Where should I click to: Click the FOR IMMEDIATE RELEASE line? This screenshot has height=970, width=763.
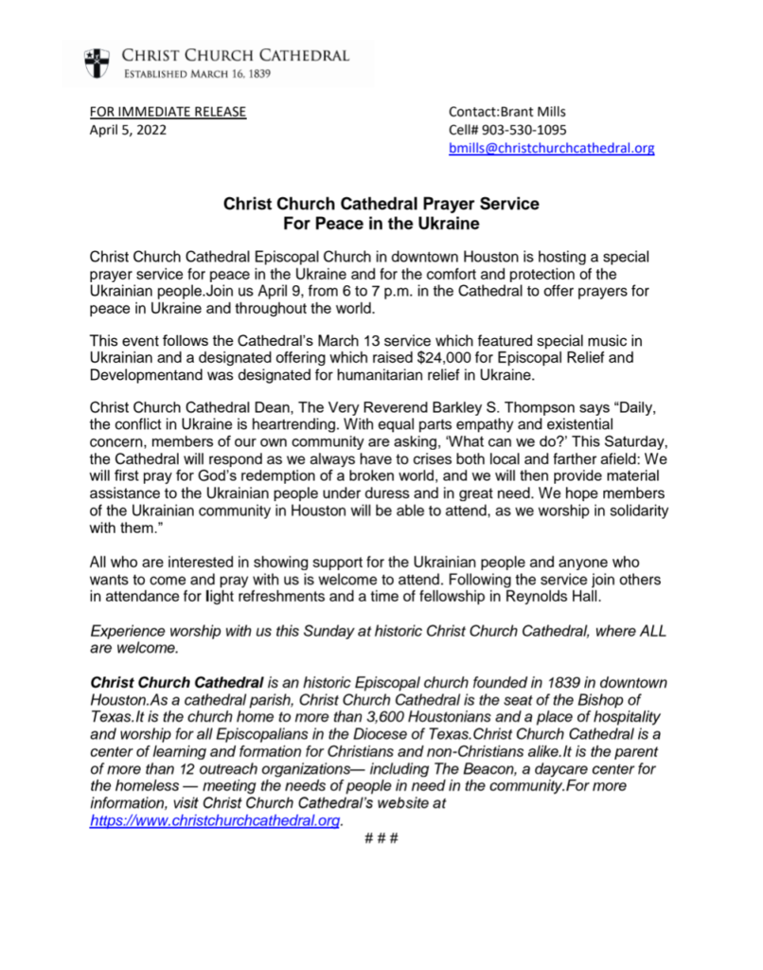point(168,112)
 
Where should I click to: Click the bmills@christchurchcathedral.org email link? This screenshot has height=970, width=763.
point(552,149)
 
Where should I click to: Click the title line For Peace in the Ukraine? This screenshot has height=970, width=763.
point(381,224)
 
